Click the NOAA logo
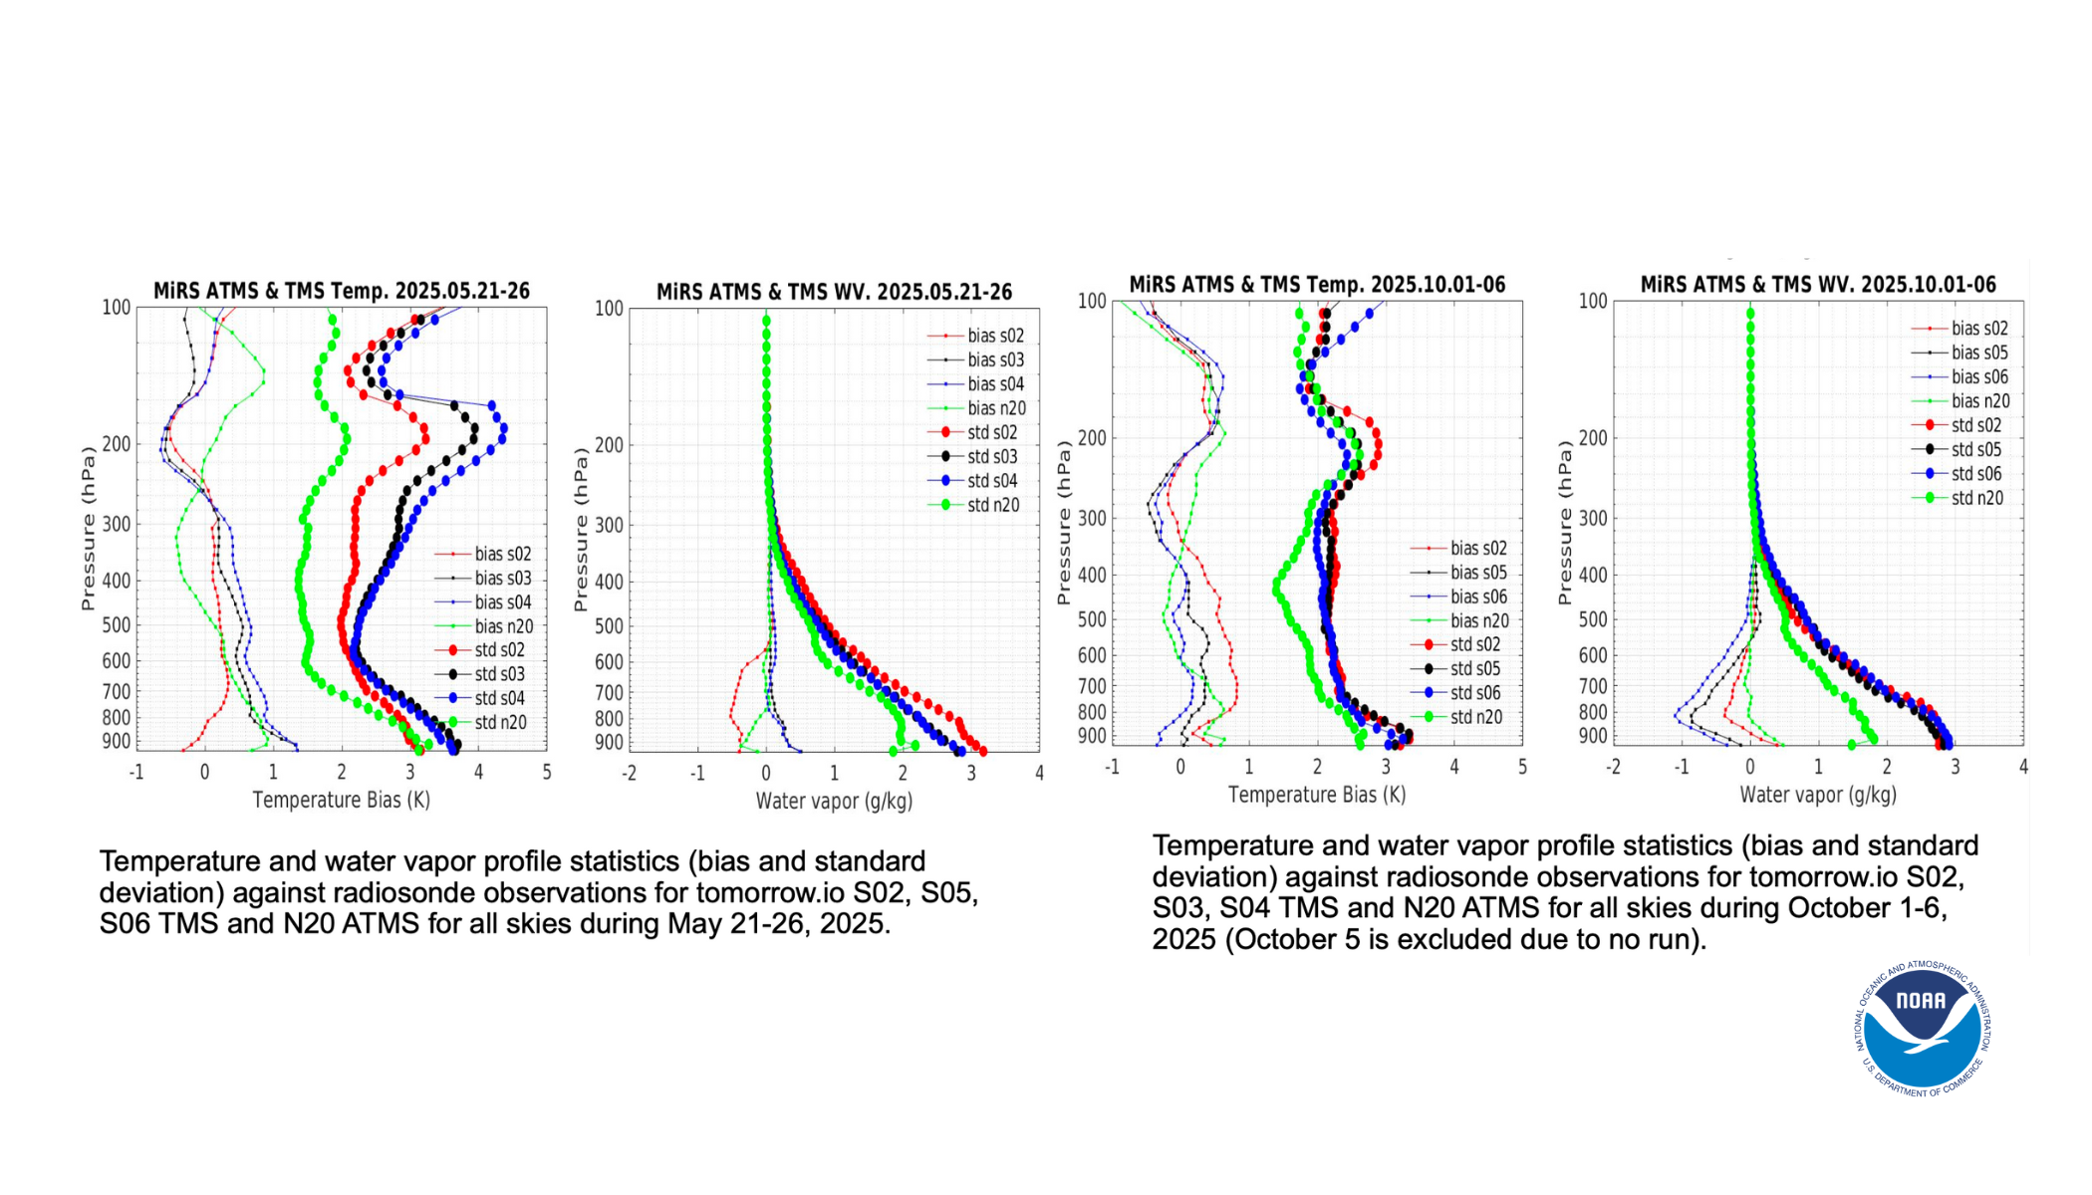point(1922,1029)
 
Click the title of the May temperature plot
point(342,291)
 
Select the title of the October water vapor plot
point(1818,285)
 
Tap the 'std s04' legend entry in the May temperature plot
point(499,698)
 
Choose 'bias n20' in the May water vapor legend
point(996,408)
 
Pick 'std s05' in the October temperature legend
point(1474,668)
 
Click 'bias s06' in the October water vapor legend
point(1979,376)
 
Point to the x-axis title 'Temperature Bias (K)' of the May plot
point(341,800)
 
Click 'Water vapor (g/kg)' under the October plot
point(1818,795)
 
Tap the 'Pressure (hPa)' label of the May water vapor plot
point(580,530)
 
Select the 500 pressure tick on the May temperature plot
point(117,625)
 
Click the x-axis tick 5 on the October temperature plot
point(1522,767)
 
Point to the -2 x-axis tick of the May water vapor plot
point(629,773)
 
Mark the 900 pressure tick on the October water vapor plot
point(1593,736)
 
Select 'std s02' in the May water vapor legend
point(992,432)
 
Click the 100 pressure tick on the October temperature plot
point(1092,301)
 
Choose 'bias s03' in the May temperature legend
point(503,578)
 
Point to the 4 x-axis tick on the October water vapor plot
point(2023,767)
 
